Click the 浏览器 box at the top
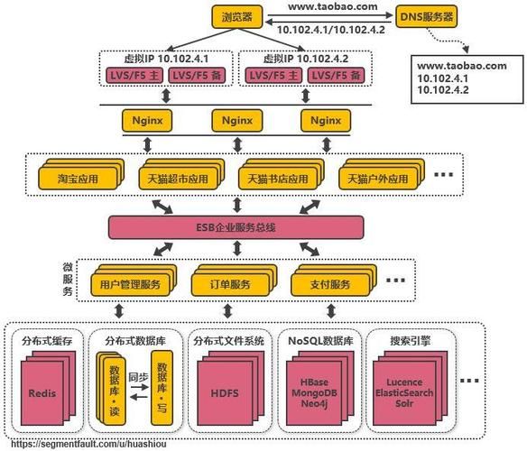(x=237, y=16)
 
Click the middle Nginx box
(x=237, y=120)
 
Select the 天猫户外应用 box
(x=378, y=178)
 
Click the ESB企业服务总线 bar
(x=236, y=227)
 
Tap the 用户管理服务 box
(x=125, y=284)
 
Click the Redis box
(x=42, y=393)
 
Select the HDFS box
(x=224, y=393)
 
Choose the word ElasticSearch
(x=403, y=393)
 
